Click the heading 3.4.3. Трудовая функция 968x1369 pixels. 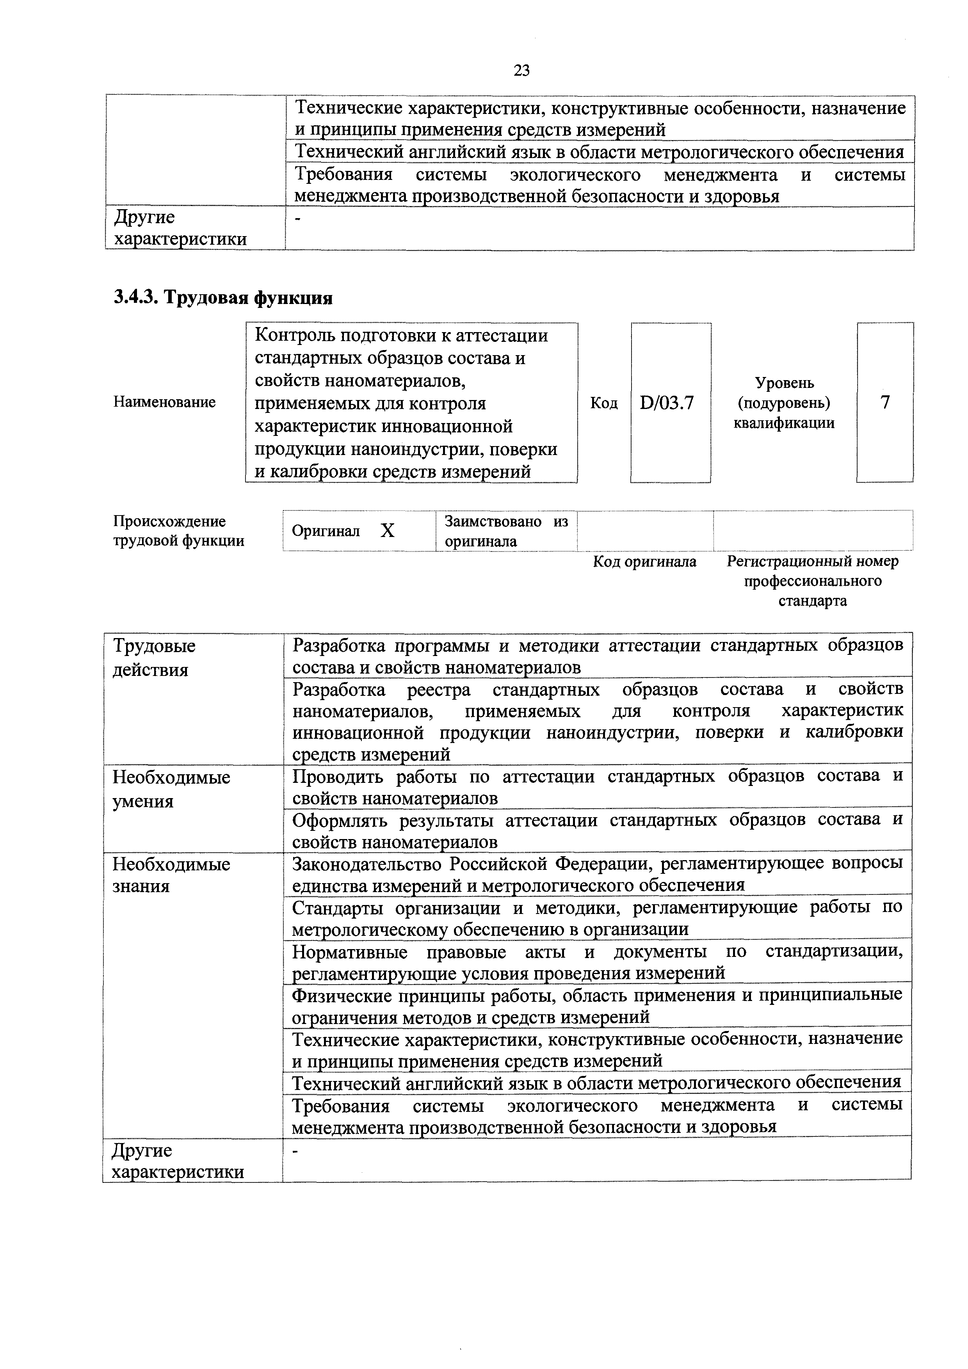point(223,297)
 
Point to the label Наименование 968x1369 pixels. point(165,402)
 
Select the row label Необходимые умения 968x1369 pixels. point(171,789)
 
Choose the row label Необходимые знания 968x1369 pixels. point(171,875)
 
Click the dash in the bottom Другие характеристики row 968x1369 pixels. point(295,1151)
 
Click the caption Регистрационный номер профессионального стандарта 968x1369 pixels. point(812,581)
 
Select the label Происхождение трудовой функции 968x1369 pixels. point(178,531)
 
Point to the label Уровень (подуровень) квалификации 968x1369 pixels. point(784,403)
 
